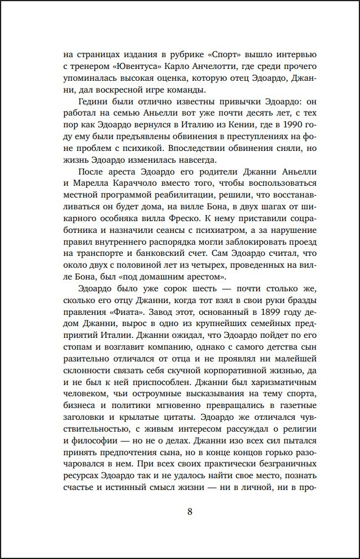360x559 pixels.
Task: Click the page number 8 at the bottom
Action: tap(190, 512)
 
